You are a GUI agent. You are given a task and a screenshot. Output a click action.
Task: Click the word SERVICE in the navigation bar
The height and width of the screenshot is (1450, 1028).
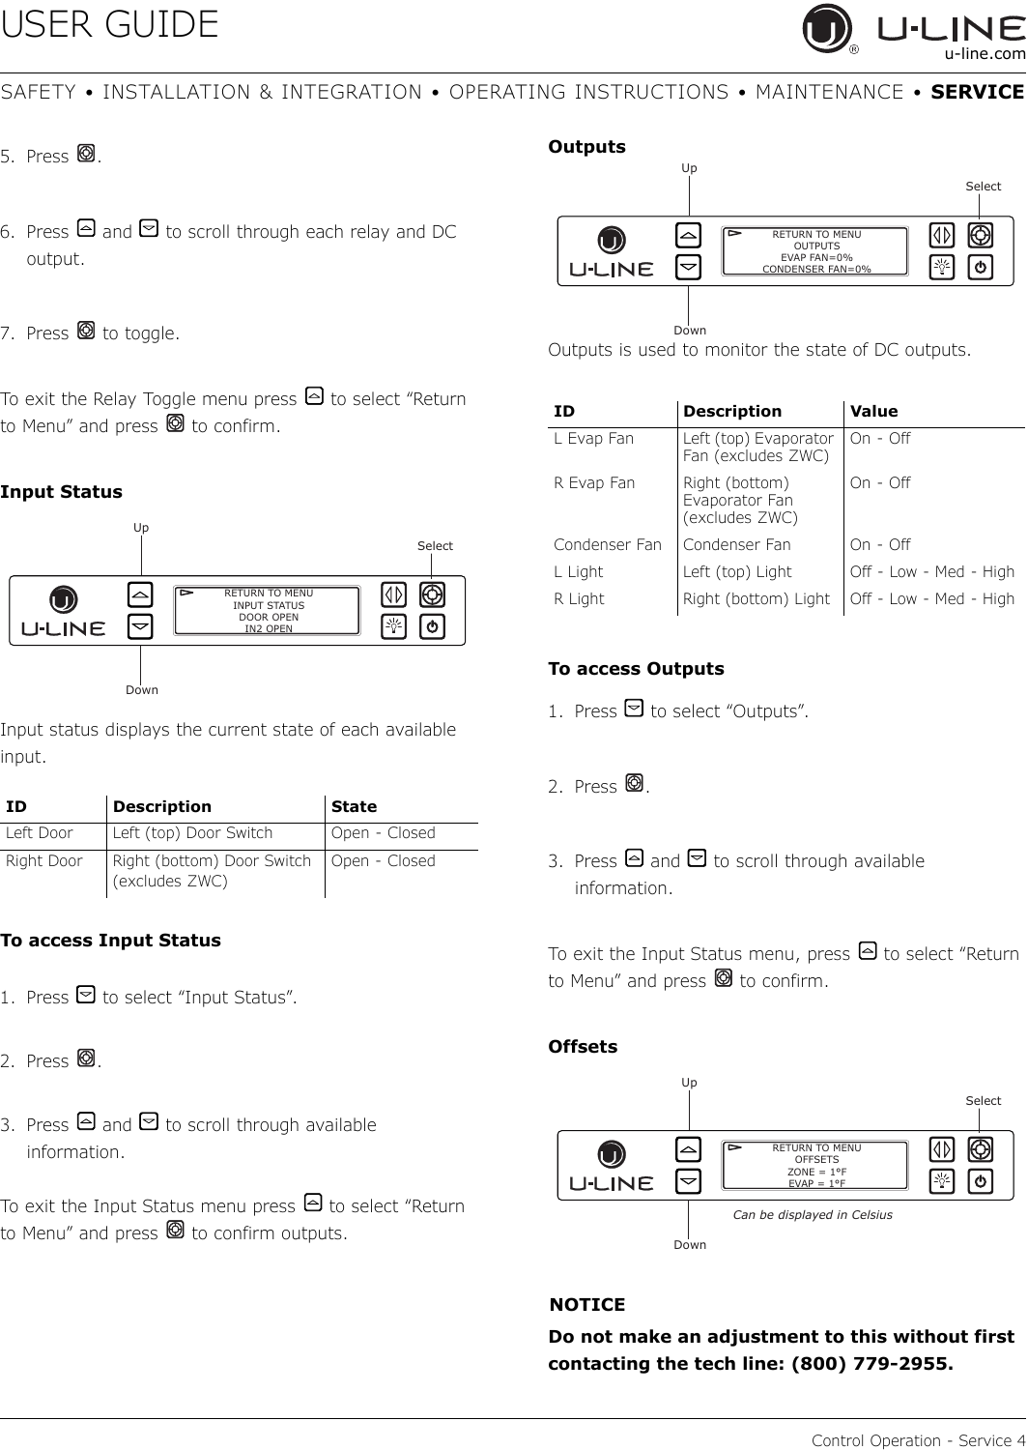tap(977, 92)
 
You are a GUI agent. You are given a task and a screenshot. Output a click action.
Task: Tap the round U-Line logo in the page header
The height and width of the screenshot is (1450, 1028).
tap(826, 28)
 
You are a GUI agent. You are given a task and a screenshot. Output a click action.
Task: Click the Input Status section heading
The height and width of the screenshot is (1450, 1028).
tap(61, 492)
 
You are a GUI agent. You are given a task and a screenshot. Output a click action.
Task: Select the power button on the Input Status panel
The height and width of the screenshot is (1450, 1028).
tap(432, 626)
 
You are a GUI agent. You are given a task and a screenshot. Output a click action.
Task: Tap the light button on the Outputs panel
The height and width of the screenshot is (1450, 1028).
tap(942, 267)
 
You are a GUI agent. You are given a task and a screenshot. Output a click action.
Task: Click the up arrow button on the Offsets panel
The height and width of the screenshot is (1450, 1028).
tap(688, 1149)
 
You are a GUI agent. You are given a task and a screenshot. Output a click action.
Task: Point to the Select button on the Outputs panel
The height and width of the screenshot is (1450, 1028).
tap(980, 236)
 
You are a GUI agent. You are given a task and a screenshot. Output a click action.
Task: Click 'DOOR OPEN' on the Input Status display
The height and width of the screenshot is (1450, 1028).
tap(269, 617)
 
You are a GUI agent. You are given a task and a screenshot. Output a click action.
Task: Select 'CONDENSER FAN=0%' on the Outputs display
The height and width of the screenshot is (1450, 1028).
tap(816, 270)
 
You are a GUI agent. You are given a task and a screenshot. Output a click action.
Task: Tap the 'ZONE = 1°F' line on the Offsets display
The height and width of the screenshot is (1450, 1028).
tap(816, 1173)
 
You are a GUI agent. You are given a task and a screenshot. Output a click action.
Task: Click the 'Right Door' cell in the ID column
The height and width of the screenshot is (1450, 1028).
tap(44, 861)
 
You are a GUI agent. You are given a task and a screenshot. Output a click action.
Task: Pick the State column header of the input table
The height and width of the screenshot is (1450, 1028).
tap(354, 806)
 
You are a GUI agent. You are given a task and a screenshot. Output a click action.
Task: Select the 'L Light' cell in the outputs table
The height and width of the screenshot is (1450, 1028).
tap(579, 572)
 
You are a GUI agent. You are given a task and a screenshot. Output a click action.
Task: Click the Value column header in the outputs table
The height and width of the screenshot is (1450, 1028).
tap(873, 411)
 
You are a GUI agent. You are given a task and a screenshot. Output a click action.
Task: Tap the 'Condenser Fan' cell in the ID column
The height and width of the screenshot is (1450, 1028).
tap(608, 545)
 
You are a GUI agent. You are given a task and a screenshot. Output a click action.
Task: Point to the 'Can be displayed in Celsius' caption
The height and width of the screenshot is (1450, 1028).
tap(813, 1215)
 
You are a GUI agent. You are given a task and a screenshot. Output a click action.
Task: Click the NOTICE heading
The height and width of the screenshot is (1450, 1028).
tap(587, 1304)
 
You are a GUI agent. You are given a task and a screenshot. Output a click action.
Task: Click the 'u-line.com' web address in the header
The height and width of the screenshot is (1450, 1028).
tap(985, 54)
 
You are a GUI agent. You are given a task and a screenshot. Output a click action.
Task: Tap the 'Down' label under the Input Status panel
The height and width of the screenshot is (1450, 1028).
tap(142, 690)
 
